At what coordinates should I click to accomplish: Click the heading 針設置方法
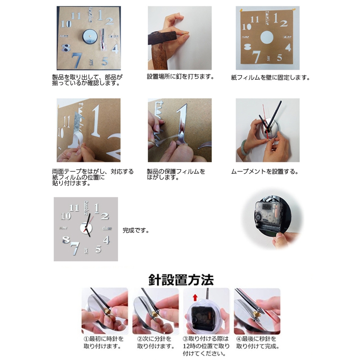point(181,280)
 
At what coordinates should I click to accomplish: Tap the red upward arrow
point(195,298)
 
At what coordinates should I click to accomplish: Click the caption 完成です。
point(136,230)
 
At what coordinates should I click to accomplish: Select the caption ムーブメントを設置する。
point(265,172)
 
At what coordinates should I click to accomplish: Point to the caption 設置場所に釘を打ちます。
point(180,77)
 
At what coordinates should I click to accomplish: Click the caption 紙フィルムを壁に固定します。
point(270,78)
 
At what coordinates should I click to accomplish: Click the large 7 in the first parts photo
point(77,60)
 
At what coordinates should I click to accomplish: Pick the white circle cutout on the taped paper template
point(267,37)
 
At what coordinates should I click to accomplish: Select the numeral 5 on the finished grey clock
point(98,249)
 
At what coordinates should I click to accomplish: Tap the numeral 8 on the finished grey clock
point(66,240)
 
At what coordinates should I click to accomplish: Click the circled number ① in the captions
point(86,339)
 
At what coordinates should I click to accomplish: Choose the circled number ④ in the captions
point(239,339)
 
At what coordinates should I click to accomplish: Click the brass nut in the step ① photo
point(108,311)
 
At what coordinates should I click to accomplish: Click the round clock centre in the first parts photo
point(90,37)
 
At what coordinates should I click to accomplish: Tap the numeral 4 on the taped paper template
point(288,47)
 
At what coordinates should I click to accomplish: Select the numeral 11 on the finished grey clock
point(74,208)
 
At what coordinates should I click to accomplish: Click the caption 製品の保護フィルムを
point(176,172)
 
